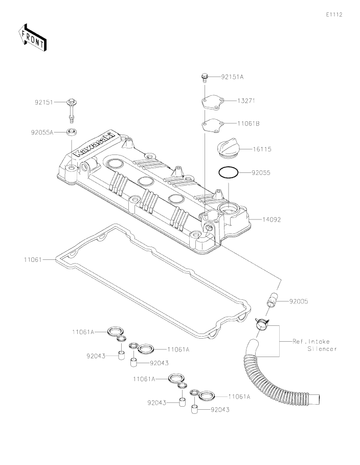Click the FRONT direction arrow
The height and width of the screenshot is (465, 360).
click(32, 37)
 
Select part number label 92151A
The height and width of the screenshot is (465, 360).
click(232, 77)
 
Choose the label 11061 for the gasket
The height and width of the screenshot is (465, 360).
click(33, 260)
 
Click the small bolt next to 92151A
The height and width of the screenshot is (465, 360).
click(204, 78)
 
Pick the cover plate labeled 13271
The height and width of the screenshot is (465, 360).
click(212, 102)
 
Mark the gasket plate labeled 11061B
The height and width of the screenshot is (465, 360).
click(212, 124)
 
